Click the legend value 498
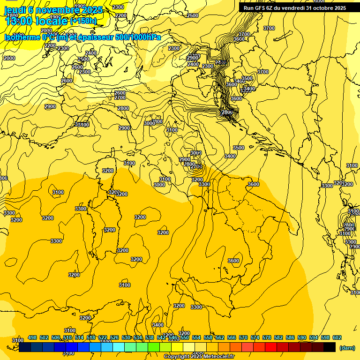pyautogui.click(x=32, y=337)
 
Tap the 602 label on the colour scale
pyautogui.click(x=337, y=337)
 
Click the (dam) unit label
pyautogui.click(x=347, y=347)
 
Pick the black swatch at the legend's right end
pyautogui.click(x=330, y=347)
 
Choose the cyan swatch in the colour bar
pyautogui.click(x=119, y=347)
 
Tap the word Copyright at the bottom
pyautogui.click(x=176, y=356)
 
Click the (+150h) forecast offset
pyautogui.click(x=83, y=21)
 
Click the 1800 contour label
pyautogui.click(x=11, y=15)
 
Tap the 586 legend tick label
pyautogui.click(x=290, y=337)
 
